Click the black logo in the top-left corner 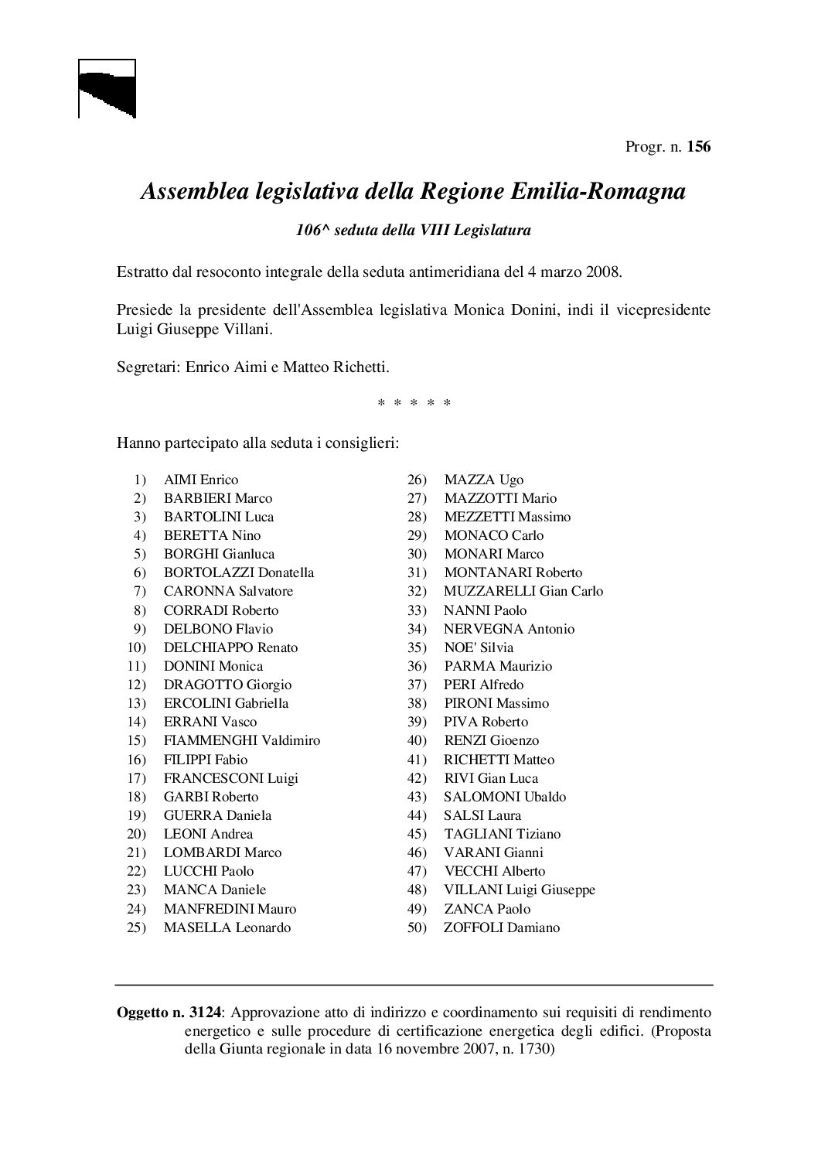[107, 89]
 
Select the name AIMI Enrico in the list [201, 480]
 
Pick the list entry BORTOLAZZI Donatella [239, 572]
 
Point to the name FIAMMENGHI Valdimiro [242, 740]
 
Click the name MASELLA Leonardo [227, 927]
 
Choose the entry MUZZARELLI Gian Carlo [523, 591]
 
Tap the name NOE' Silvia [479, 647]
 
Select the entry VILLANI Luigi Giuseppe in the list [520, 890]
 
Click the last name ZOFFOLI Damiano [502, 927]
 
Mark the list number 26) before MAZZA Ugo [418, 480]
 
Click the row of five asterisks [414, 404]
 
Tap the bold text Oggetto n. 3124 [169, 1012]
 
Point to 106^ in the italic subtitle [313, 230]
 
